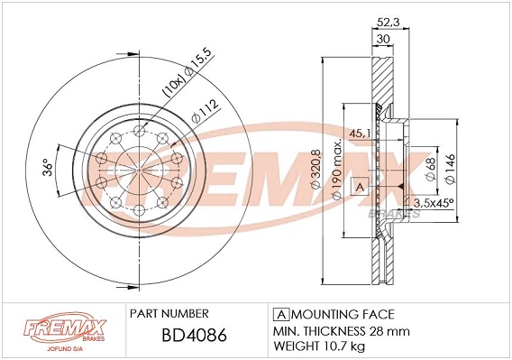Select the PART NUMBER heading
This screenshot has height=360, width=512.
click(x=169, y=313)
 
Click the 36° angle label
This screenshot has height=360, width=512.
click(x=48, y=168)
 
